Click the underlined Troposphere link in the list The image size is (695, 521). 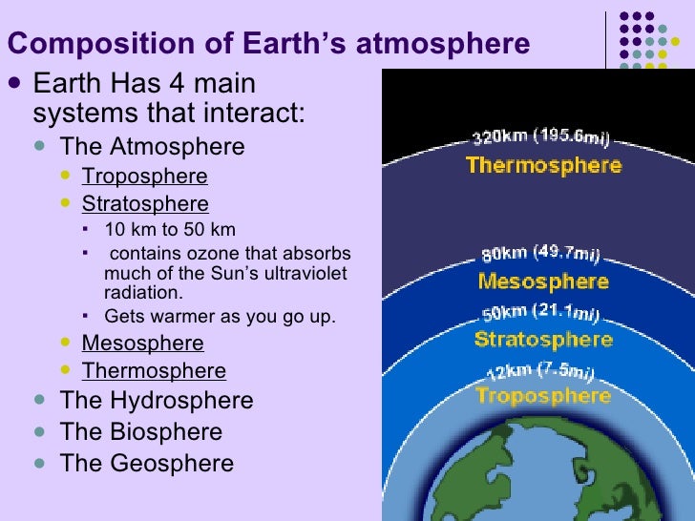click(x=144, y=177)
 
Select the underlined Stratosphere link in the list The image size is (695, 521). click(x=145, y=204)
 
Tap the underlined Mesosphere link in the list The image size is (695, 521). click(x=142, y=344)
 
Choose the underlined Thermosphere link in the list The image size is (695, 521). click(x=154, y=371)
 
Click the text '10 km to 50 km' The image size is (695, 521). click(x=170, y=230)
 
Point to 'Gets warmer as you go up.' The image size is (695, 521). click(x=220, y=317)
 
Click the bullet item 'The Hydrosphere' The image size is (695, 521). click(x=157, y=401)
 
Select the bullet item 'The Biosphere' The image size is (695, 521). click(x=141, y=432)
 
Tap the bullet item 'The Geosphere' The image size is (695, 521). click(x=146, y=464)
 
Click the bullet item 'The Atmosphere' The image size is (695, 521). click(x=152, y=147)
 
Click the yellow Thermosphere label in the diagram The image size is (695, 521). click(x=543, y=165)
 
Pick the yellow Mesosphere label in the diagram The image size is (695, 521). click(x=543, y=281)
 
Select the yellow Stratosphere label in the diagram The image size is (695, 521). click(x=543, y=340)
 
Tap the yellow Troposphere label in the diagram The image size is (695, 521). click(x=543, y=395)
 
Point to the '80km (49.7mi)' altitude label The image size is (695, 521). click(x=539, y=254)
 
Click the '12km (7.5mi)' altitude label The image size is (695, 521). click(x=542, y=370)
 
